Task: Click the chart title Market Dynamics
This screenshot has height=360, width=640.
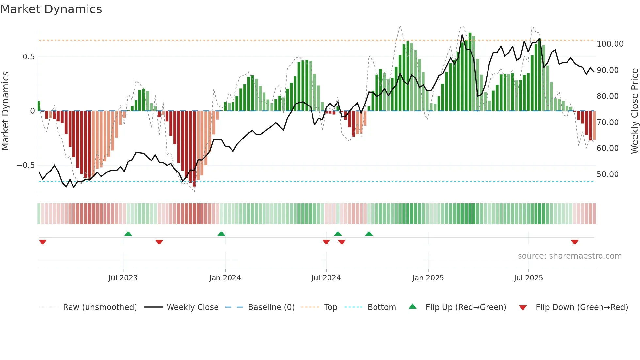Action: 51,9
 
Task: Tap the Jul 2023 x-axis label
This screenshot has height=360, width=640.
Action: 123,278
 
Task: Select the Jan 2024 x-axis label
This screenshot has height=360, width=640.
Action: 225,278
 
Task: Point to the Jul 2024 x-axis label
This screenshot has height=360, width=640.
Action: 326,278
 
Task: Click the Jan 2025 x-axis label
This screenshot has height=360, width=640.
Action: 428,278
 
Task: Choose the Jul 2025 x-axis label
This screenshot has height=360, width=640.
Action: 528,278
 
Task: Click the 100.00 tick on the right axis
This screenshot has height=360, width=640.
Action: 610,44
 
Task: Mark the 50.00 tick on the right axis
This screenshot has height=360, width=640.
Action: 607,174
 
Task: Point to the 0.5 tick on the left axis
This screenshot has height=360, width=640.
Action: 28,57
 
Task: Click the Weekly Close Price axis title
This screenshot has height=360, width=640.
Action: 634,111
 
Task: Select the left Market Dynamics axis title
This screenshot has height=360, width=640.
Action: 5,111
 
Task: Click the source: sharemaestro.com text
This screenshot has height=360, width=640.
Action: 569,256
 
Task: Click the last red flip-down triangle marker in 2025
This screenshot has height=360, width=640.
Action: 575,242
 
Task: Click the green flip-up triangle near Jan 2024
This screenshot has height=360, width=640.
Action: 221,234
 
